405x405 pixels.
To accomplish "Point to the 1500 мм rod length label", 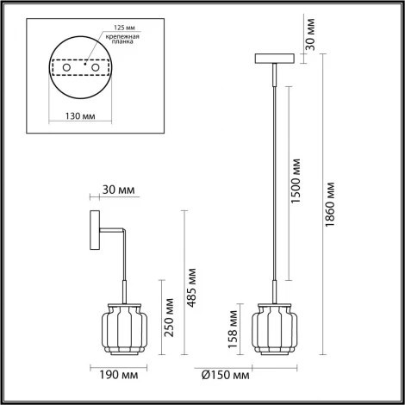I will tap(296, 180).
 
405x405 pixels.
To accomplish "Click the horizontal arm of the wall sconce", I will tap(110, 231).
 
